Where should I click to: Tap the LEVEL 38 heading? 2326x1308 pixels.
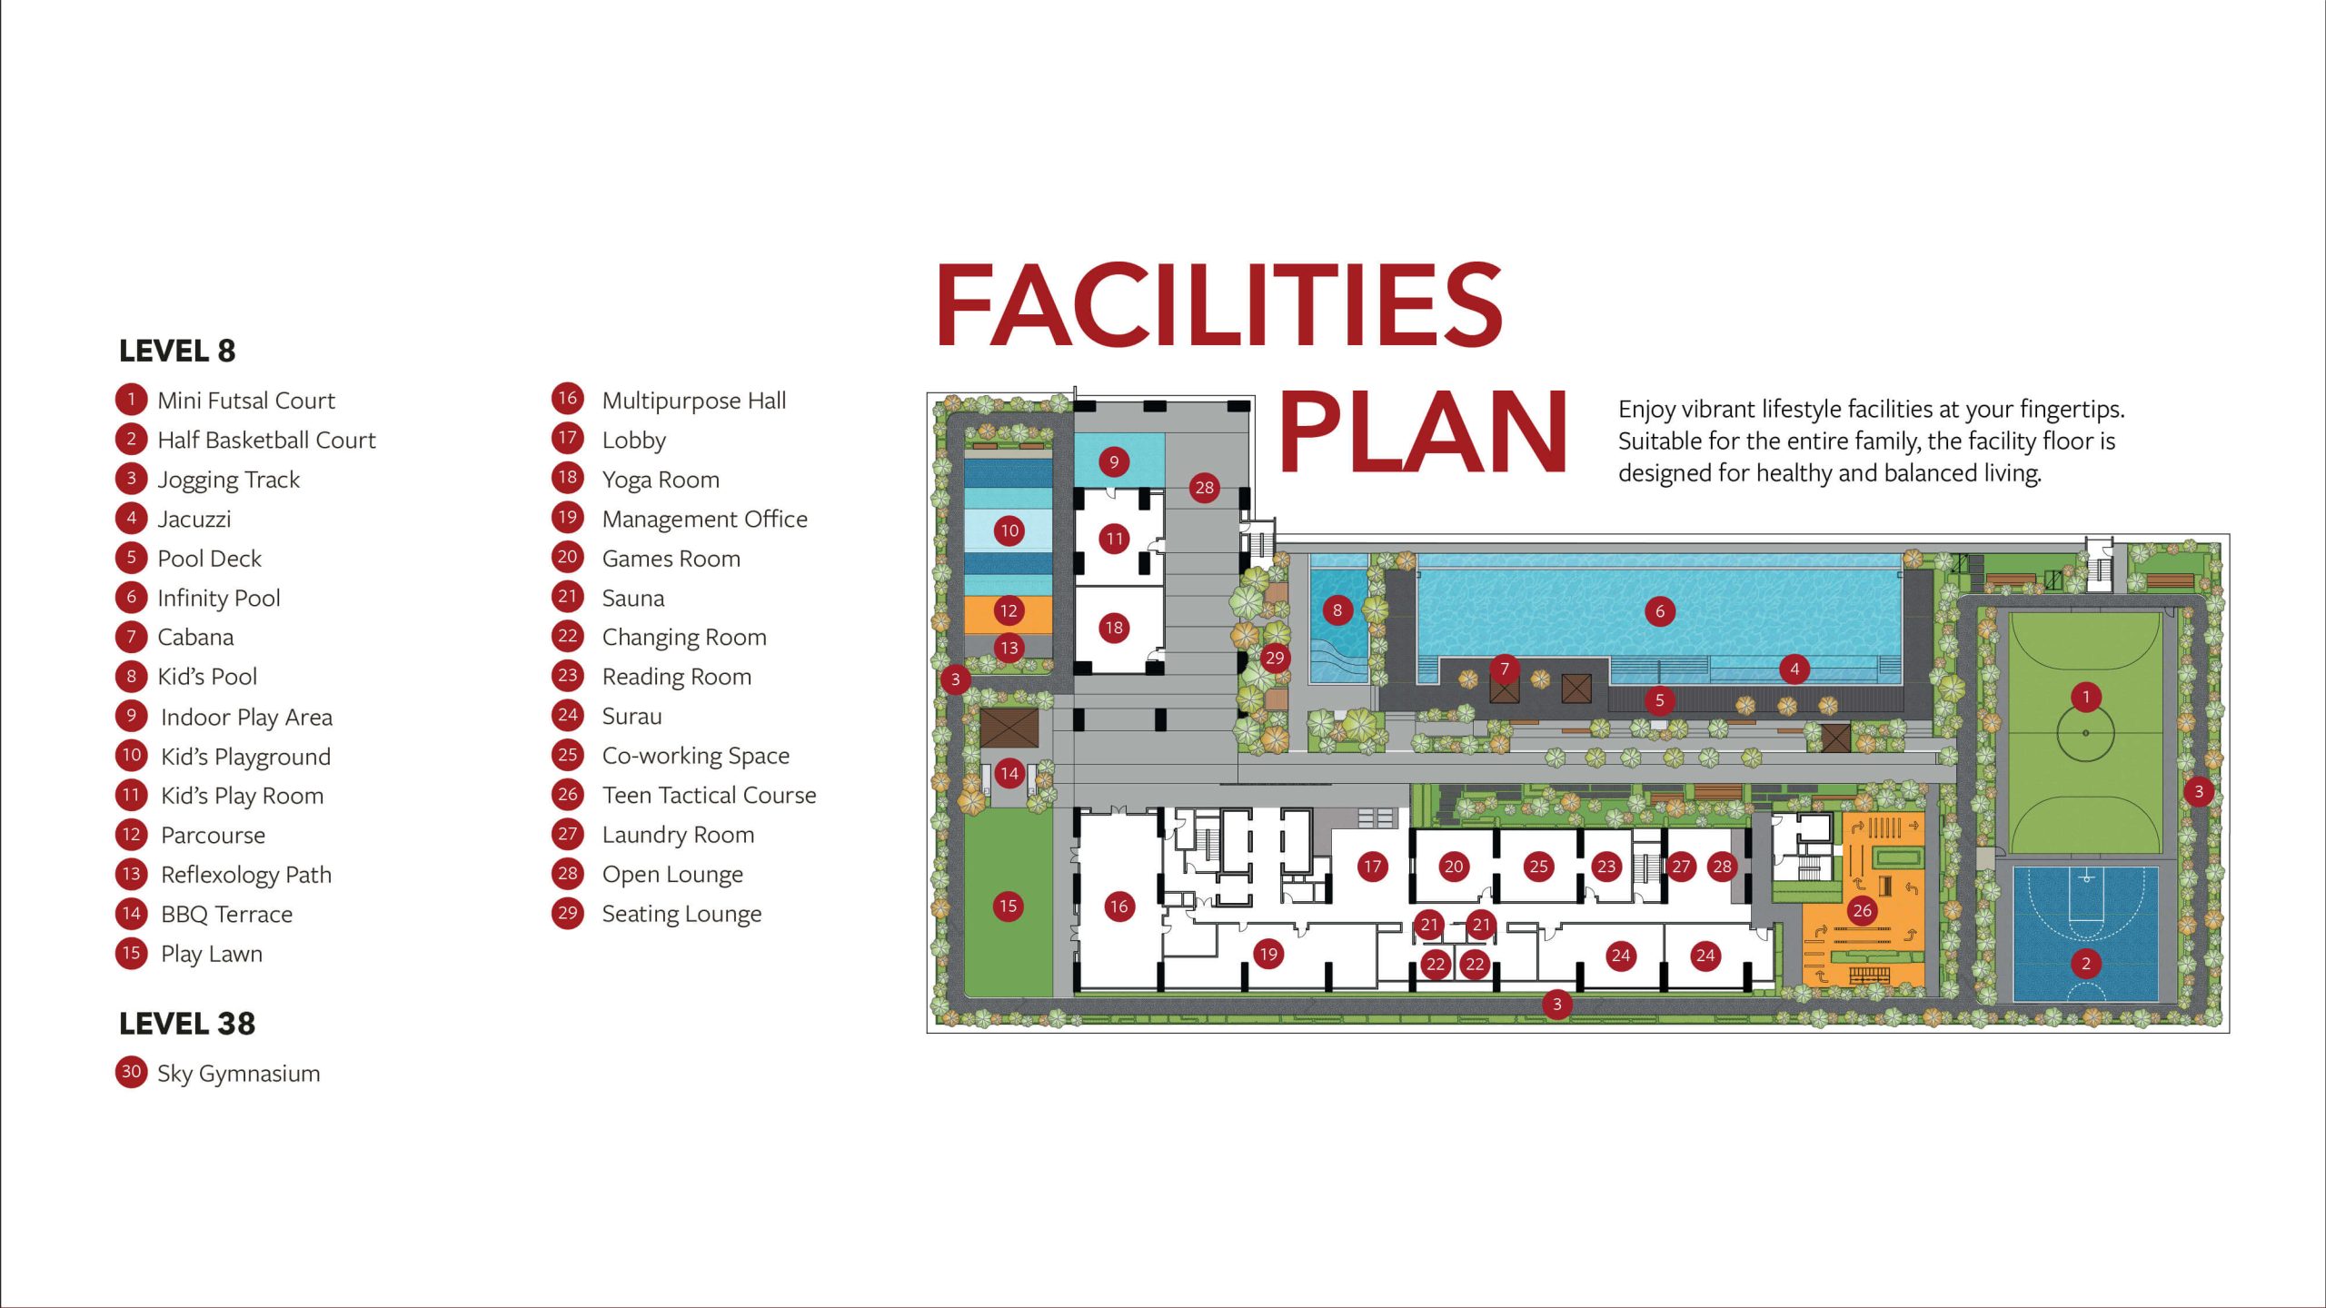coord(187,1024)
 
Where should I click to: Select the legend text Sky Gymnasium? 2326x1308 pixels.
coord(239,1074)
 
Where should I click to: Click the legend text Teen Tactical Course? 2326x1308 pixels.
coord(710,795)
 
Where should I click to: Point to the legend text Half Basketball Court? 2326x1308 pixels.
coord(266,440)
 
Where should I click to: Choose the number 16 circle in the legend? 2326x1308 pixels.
coord(568,399)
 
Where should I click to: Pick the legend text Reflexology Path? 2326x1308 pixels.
coord(246,875)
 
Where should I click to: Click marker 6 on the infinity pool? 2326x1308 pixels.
coord(1660,611)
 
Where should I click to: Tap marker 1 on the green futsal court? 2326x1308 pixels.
coord(2086,697)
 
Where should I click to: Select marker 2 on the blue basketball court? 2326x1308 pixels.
coord(2086,963)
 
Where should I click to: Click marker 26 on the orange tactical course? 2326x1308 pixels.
coord(1863,910)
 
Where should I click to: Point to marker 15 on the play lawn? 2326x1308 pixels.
coord(1008,906)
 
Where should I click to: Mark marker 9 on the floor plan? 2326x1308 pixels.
coord(1114,462)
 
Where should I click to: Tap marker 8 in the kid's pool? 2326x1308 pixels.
coord(1337,610)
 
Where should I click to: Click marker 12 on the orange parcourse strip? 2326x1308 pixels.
coord(1009,610)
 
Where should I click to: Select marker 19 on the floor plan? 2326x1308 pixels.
coord(1268,954)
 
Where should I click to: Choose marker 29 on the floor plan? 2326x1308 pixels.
coord(1275,658)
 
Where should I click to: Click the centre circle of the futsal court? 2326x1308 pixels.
coord(2085,732)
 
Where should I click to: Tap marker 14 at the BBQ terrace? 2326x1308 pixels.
coord(1009,773)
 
